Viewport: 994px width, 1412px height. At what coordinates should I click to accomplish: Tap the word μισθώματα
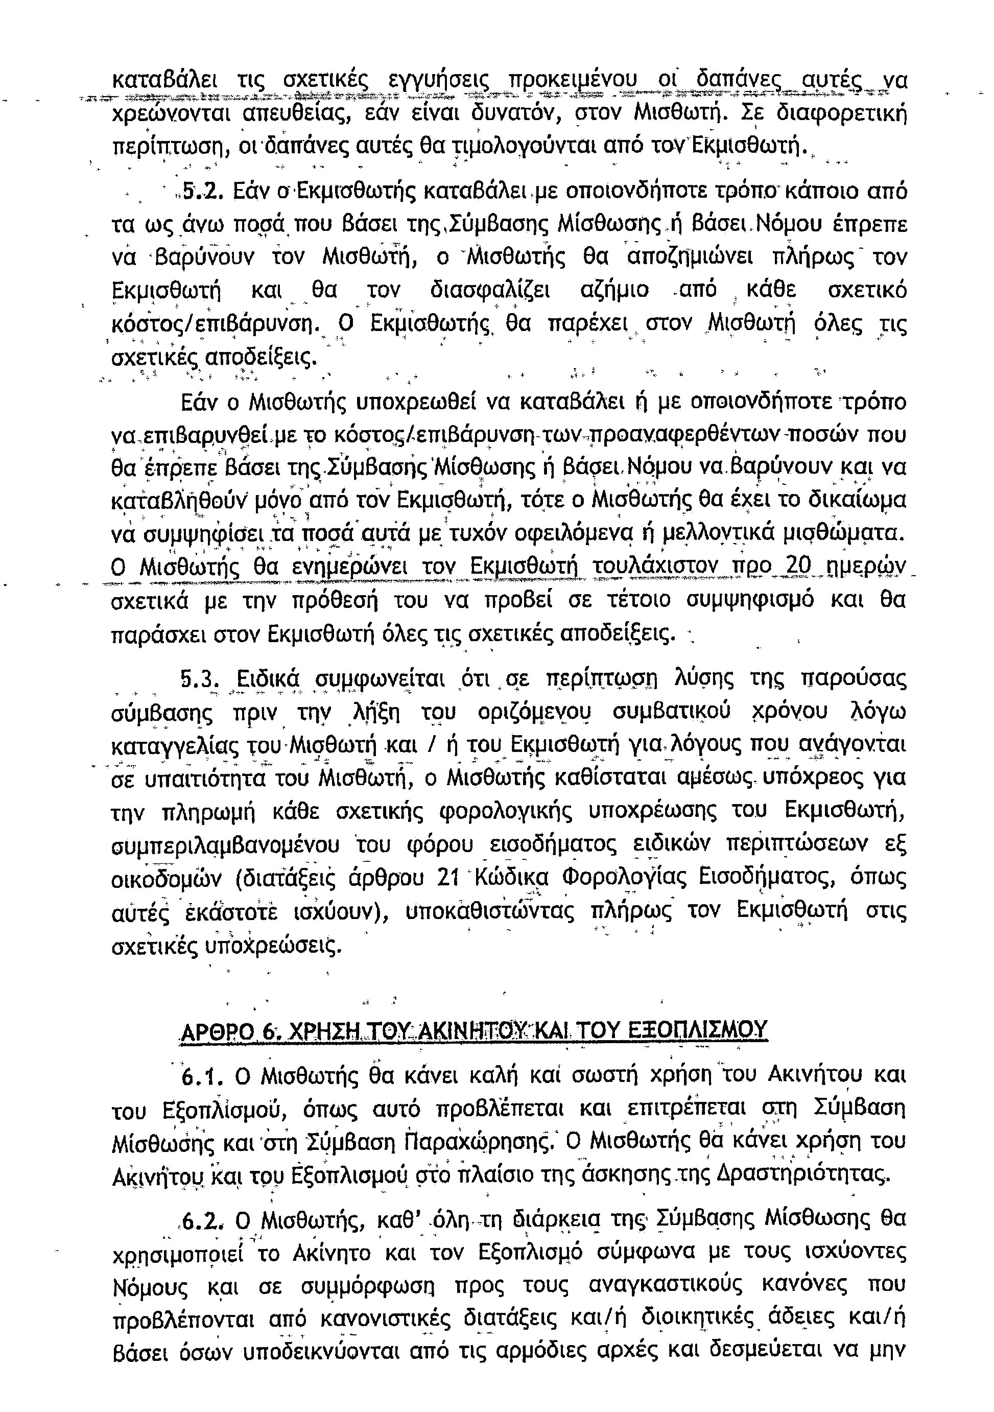(859, 533)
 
